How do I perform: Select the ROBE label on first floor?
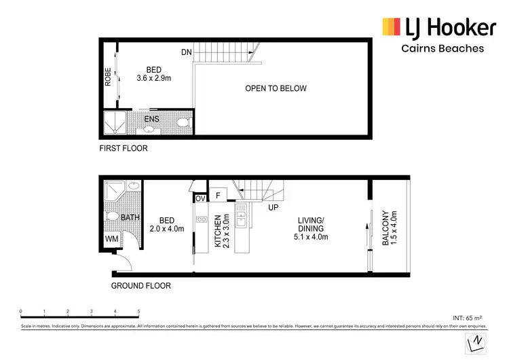point(108,76)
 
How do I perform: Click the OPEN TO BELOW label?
point(276,88)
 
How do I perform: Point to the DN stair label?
point(186,52)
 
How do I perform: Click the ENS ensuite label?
point(151,120)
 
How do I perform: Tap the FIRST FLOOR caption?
point(123,148)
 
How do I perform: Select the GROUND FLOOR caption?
point(140,286)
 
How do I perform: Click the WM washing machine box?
point(111,240)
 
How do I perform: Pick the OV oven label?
point(200,198)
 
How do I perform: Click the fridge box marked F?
point(218,196)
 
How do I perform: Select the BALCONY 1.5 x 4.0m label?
point(388,228)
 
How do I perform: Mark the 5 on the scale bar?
point(138,312)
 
